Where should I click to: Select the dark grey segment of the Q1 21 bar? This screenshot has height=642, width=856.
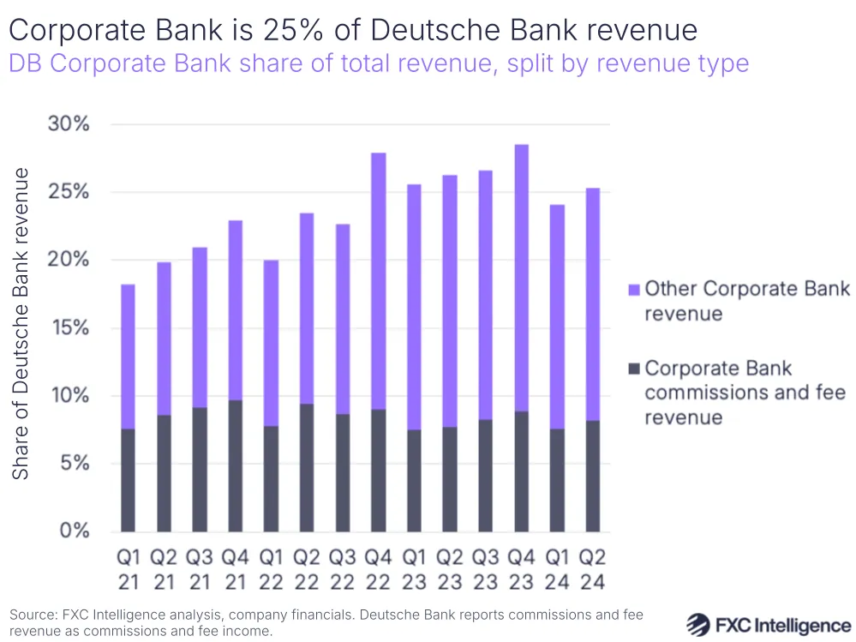(x=128, y=480)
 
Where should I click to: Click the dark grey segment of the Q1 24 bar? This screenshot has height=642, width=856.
(x=557, y=480)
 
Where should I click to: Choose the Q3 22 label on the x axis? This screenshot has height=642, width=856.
(x=342, y=569)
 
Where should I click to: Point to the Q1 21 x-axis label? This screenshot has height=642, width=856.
(x=128, y=569)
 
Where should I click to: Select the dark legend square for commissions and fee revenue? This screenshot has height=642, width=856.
(x=634, y=369)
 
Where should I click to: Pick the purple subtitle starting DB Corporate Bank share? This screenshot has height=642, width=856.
(x=379, y=63)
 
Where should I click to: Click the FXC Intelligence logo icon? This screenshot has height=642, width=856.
(x=700, y=623)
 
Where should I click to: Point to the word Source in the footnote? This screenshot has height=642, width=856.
(x=32, y=615)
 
